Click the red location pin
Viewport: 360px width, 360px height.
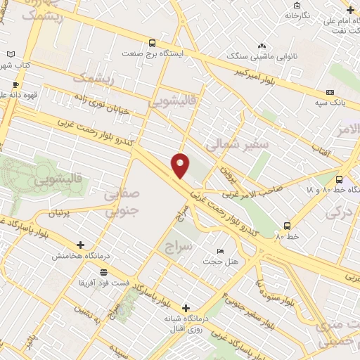click(181, 165)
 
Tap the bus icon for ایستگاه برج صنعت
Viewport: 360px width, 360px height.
click(153, 43)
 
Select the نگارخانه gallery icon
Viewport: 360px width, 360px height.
click(288, 15)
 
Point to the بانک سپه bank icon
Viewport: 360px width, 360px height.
click(330, 93)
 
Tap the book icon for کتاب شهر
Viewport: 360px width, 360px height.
click(10, 54)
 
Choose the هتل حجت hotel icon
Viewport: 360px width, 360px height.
click(220, 252)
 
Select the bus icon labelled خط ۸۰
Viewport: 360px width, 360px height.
click(287, 226)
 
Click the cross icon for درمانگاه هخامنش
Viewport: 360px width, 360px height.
click(81, 245)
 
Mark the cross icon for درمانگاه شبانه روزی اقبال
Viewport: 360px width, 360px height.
click(186, 308)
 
